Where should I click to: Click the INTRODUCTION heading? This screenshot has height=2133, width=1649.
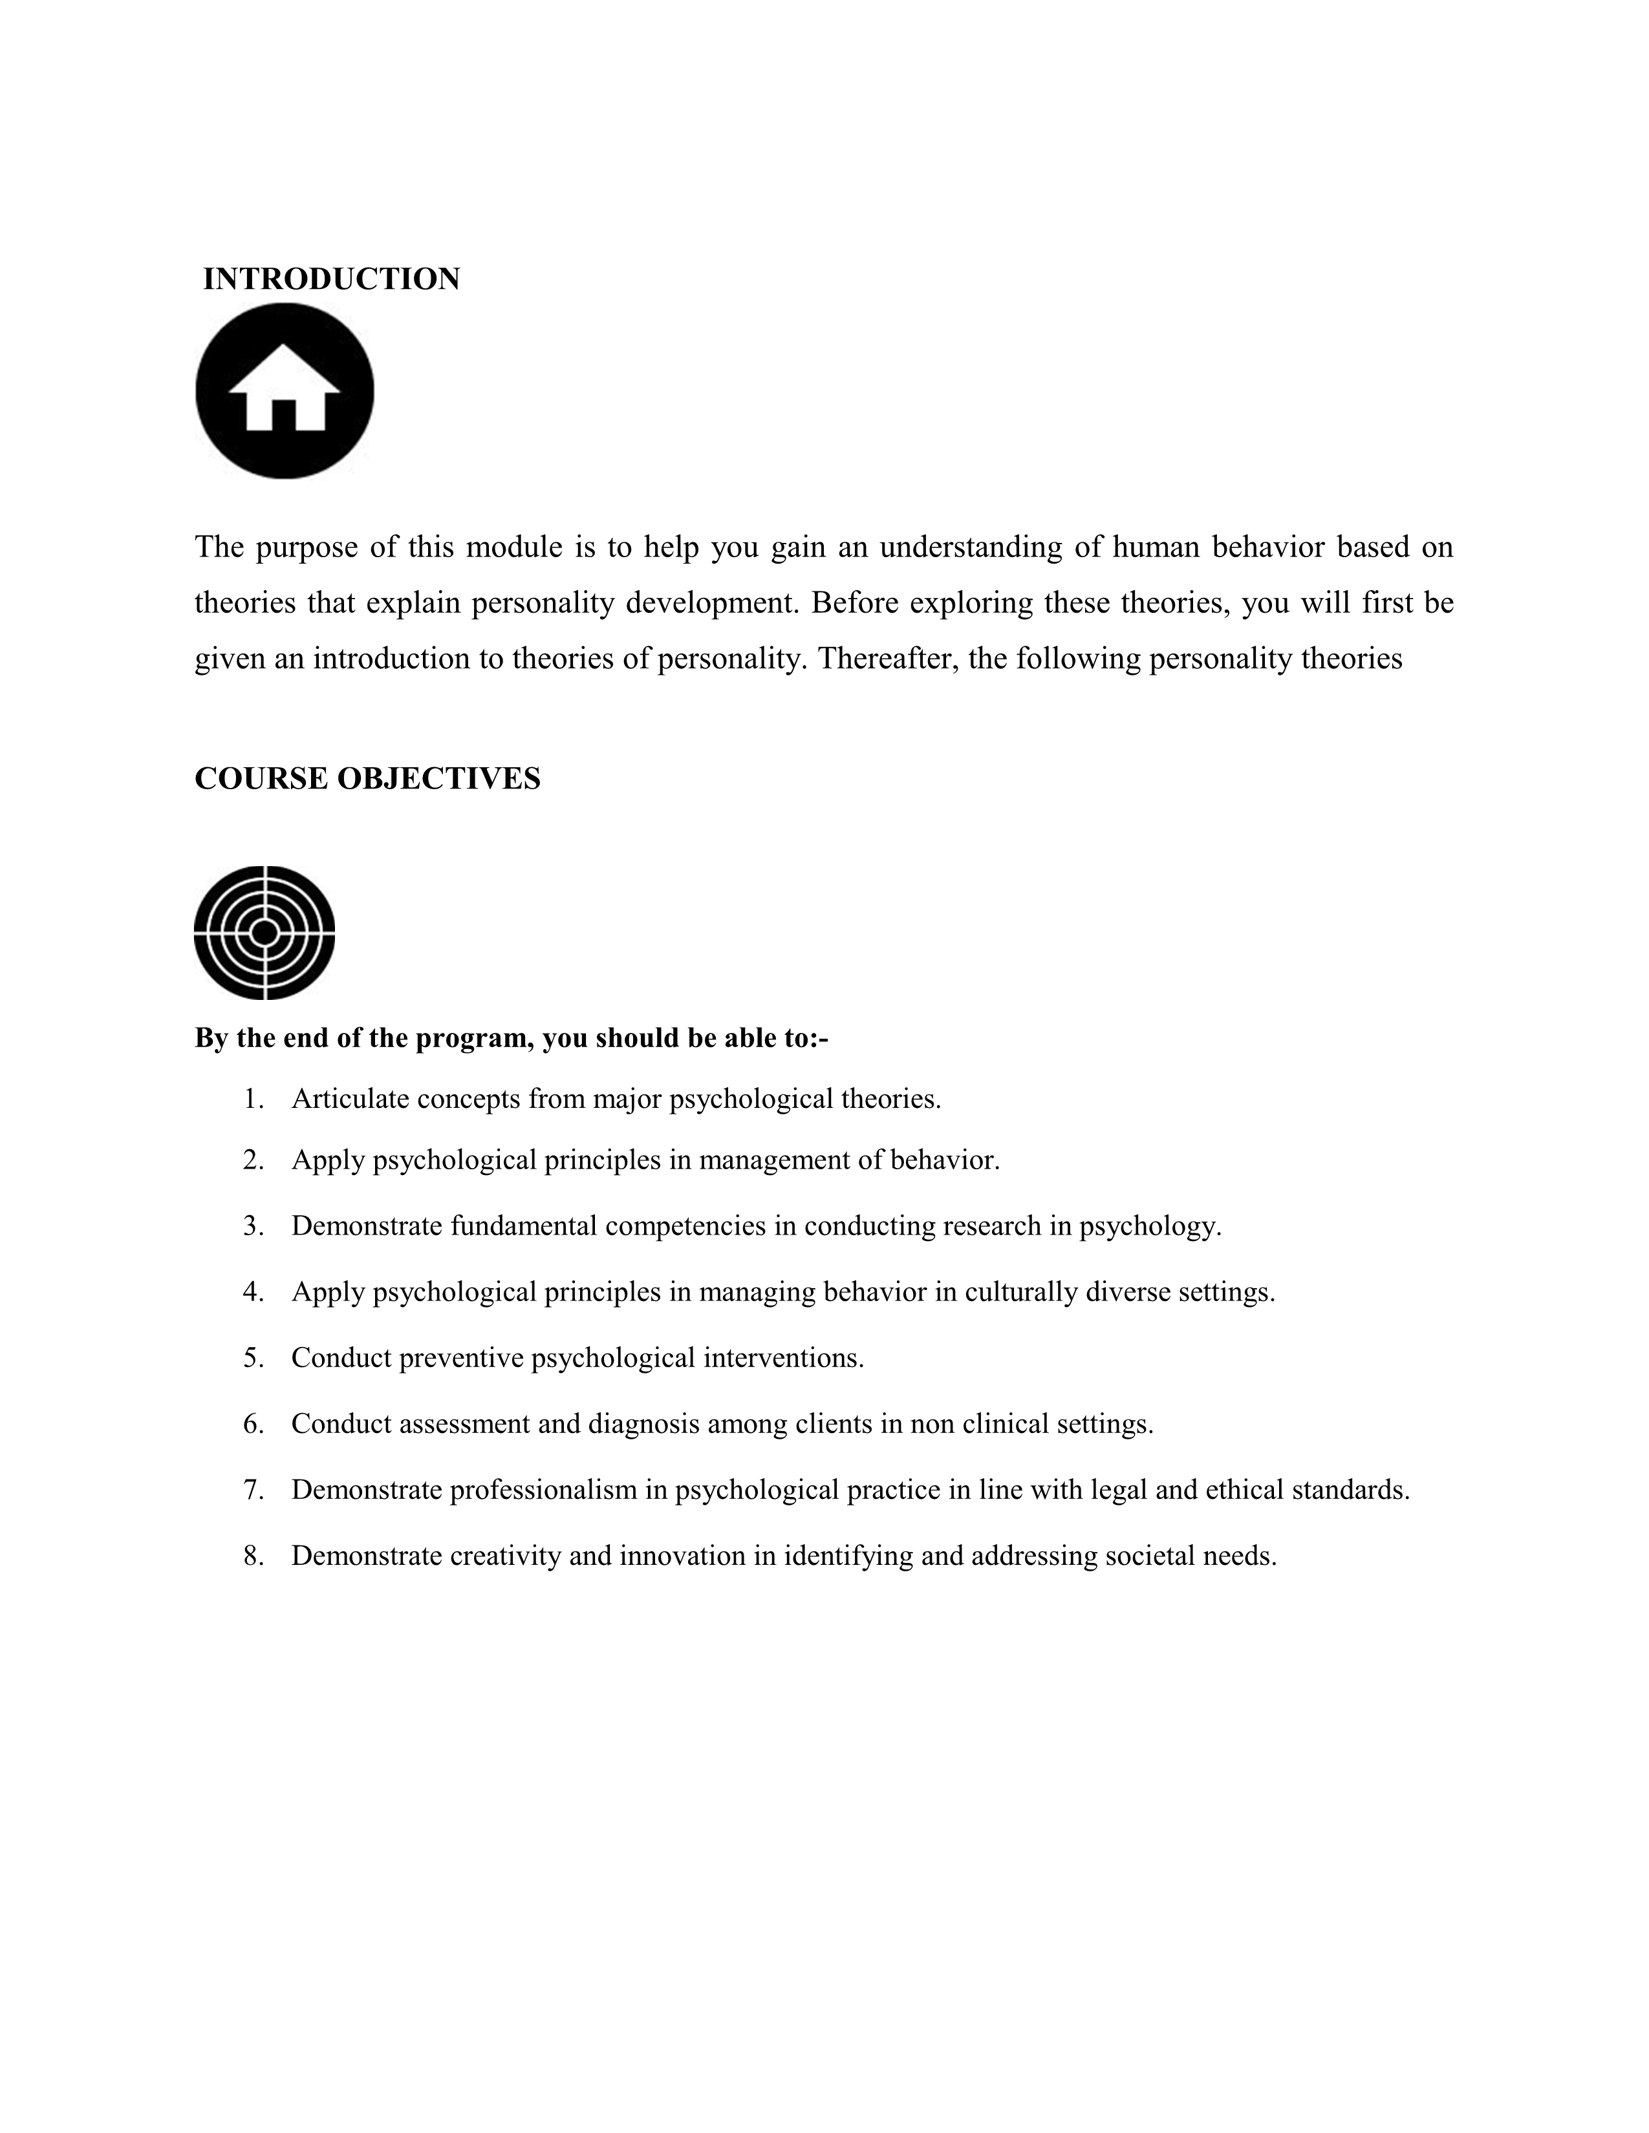pos(331,279)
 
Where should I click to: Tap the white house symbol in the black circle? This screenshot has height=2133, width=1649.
pos(285,388)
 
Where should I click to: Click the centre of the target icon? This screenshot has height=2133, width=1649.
pos(264,933)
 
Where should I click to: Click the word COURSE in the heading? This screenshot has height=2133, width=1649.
pos(261,778)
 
